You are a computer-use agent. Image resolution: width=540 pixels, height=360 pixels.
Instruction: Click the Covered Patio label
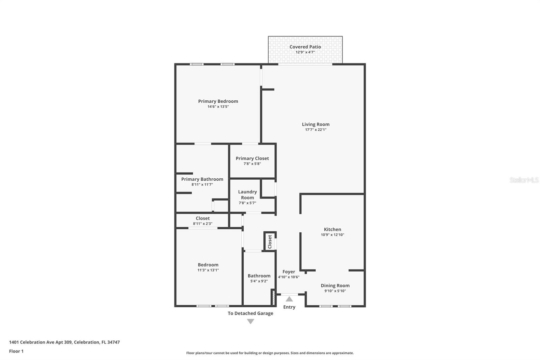(x=305, y=47)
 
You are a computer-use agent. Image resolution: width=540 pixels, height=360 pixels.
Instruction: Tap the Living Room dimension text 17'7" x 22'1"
(x=316, y=130)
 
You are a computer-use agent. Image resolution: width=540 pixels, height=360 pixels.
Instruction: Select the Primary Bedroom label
(x=218, y=101)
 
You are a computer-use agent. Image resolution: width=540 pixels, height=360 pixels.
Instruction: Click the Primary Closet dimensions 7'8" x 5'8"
(x=252, y=164)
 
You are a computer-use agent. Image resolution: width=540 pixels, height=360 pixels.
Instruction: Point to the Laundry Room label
(x=247, y=195)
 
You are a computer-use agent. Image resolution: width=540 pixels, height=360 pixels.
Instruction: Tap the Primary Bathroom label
(x=202, y=179)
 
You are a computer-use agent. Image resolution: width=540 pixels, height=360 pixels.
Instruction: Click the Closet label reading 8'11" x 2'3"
(x=202, y=224)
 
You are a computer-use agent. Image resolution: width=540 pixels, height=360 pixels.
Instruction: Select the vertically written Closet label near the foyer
(x=270, y=242)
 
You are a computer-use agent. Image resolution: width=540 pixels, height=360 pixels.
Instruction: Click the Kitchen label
(x=332, y=229)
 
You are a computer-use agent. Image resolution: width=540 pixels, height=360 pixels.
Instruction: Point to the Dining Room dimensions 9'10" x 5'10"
(x=335, y=291)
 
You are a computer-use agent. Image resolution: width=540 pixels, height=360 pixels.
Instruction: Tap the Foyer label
(x=289, y=272)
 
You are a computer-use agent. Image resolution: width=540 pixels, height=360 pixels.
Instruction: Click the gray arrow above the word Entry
(x=289, y=299)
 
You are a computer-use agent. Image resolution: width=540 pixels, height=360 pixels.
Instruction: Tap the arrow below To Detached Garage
(x=250, y=322)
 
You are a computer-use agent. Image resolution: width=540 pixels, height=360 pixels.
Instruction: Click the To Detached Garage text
(x=250, y=313)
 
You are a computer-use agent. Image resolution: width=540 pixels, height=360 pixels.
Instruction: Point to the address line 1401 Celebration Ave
(x=64, y=342)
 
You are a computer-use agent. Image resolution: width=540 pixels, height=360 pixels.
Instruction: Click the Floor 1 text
(x=16, y=351)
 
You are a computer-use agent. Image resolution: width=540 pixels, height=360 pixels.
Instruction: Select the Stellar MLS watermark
(x=524, y=180)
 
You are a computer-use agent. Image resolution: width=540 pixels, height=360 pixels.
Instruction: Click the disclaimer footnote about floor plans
(x=270, y=353)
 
